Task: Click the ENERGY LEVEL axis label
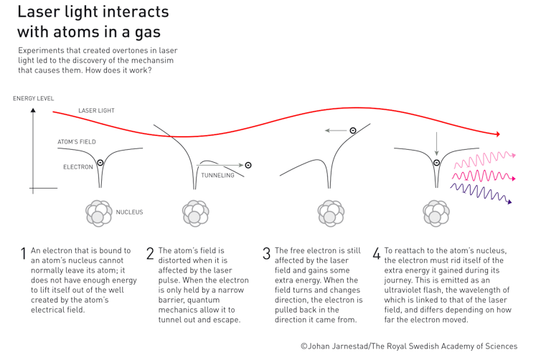[x=33, y=98]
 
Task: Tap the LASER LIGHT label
[x=96, y=111]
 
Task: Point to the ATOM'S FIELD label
[x=77, y=142]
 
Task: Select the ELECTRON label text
[x=78, y=167]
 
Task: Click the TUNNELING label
[x=217, y=176]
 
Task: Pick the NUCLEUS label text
[x=129, y=212]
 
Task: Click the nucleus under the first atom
[x=98, y=213]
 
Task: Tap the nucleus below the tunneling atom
[x=194, y=213]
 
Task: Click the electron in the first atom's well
[x=100, y=163]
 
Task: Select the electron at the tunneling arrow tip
[x=248, y=165]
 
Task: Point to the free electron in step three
[x=353, y=131]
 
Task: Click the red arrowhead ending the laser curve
[x=497, y=134]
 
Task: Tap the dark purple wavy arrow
[x=481, y=193]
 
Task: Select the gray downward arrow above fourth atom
[x=436, y=144]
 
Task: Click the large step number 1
[x=24, y=254]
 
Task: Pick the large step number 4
[x=376, y=254]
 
